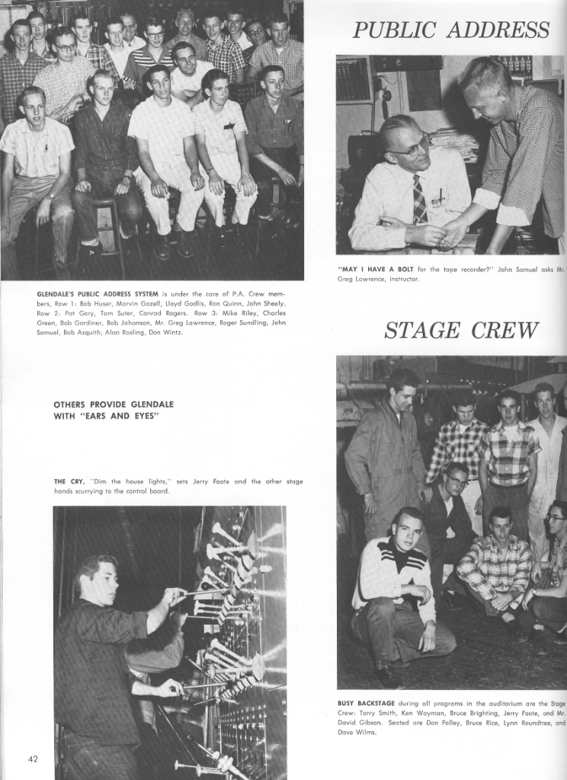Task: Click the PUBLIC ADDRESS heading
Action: (450, 30)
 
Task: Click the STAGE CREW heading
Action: (461, 331)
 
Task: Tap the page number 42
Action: (34, 759)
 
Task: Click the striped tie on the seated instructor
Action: (419, 200)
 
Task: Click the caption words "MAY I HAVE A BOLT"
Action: (376, 269)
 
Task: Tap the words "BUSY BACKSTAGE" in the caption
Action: (366, 703)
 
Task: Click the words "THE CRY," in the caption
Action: (69, 481)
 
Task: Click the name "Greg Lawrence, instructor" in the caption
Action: (378, 279)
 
